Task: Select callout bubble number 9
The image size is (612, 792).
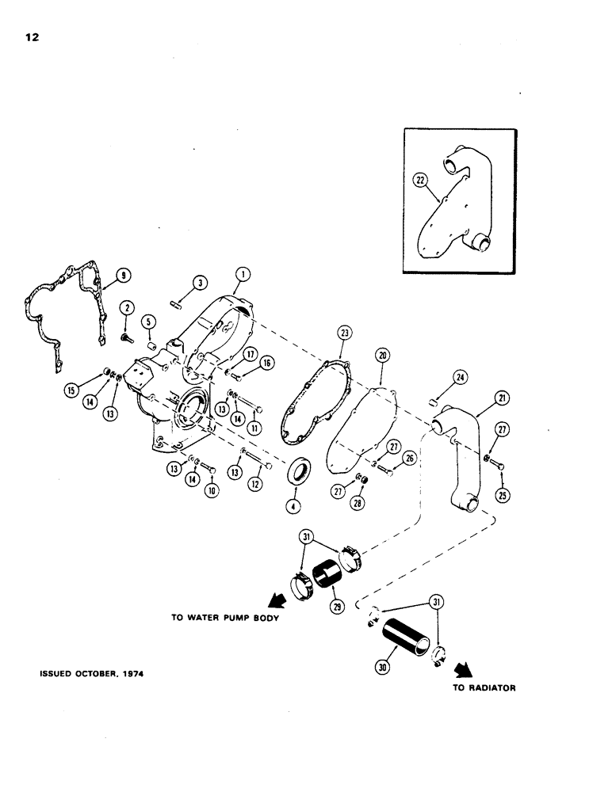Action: [x=123, y=276]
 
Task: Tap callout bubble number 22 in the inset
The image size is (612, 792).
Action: [x=419, y=181]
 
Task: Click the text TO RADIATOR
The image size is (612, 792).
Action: [x=484, y=688]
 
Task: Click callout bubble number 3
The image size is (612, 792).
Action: [x=201, y=283]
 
